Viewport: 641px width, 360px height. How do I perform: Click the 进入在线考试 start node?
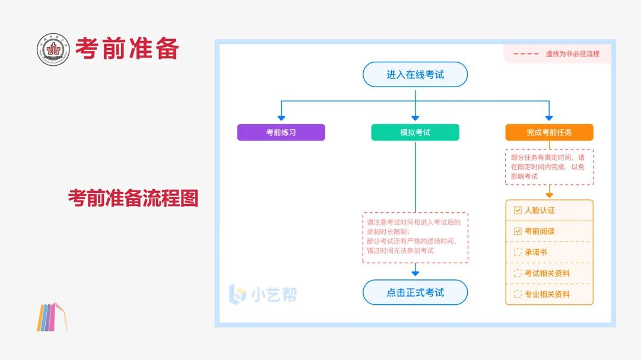point(415,74)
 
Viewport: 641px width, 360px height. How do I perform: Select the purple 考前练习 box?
point(281,132)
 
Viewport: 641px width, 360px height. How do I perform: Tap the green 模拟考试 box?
point(415,132)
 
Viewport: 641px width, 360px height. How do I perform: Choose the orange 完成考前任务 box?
point(549,132)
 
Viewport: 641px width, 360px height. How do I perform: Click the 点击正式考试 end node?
point(415,292)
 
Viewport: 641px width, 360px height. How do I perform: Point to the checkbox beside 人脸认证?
point(518,210)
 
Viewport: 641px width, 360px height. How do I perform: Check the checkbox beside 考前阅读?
point(518,231)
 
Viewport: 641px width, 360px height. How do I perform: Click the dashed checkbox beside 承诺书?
point(518,252)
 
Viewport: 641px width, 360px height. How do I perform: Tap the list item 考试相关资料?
point(547,273)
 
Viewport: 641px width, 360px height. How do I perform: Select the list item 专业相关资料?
point(547,294)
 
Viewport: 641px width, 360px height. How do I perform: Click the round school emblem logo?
point(53,49)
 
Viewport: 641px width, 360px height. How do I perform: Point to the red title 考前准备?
point(127,48)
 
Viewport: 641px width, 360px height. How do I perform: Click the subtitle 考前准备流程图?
point(134,197)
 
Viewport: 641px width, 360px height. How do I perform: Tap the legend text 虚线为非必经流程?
point(572,54)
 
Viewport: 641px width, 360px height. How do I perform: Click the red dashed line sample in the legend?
point(526,54)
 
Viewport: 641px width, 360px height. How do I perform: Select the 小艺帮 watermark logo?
point(263,294)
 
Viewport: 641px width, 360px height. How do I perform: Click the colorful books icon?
point(52,317)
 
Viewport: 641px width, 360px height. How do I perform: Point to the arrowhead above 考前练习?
point(281,118)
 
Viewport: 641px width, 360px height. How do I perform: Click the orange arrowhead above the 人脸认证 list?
point(550,195)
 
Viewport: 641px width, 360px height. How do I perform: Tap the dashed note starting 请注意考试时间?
point(415,237)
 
